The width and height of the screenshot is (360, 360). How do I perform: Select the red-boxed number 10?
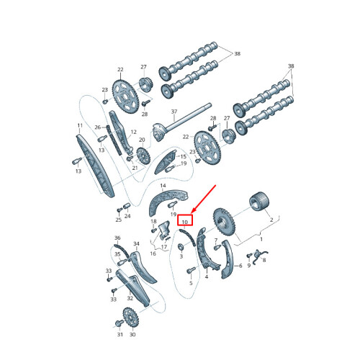[x=184, y=222]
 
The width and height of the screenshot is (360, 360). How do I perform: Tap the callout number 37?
[x=174, y=112]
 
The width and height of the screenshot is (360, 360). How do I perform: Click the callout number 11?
[x=79, y=126]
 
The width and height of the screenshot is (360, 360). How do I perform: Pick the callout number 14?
[x=163, y=186]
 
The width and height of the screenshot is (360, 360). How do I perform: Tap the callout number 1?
[x=261, y=238]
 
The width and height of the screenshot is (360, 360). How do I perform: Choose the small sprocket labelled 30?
[x=131, y=316]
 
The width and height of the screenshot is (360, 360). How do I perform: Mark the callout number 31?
[x=120, y=335]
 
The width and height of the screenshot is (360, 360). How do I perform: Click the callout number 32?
[x=130, y=298]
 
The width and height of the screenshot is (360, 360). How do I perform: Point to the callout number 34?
[x=135, y=244]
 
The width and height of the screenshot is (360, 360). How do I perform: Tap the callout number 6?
[x=238, y=266]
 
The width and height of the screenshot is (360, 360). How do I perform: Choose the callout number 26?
[x=99, y=127]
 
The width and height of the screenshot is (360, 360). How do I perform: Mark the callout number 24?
[x=127, y=216]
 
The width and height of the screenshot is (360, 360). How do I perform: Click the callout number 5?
[x=192, y=284]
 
